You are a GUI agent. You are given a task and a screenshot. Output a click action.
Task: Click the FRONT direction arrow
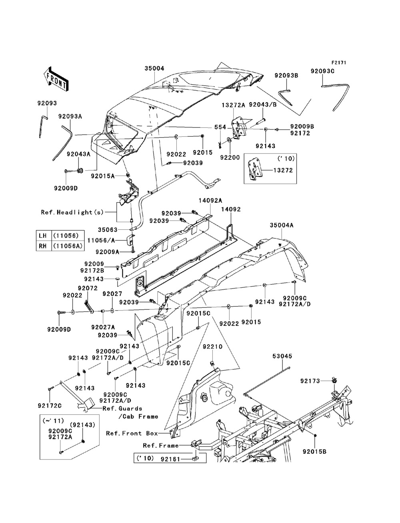point(56,79)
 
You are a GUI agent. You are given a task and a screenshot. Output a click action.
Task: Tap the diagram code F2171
point(339,63)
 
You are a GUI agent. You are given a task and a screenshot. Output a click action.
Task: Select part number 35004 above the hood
point(154,68)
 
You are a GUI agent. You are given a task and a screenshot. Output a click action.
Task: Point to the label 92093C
point(322,71)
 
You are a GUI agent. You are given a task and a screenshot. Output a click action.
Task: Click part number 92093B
point(286,76)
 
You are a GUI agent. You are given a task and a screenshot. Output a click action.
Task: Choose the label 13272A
point(234,105)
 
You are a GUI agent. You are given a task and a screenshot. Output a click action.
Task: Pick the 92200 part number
point(230,158)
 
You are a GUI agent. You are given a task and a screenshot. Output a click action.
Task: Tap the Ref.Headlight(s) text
point(72,212)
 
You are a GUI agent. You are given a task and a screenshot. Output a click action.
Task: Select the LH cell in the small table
point(43,236)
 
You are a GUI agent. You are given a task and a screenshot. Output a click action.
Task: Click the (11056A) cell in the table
point(68,246)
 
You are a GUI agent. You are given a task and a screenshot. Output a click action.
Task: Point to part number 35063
point(108,230)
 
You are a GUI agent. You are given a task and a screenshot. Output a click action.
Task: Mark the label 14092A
point(210,201)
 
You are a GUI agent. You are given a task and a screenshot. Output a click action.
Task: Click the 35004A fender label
point(282,225)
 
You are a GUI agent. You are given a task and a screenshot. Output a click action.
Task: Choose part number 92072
point(88,288)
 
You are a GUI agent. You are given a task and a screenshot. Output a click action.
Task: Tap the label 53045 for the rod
point(282,356)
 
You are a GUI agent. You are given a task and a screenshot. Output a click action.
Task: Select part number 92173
point(310,381)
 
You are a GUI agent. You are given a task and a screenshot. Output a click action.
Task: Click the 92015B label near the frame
point(315,451)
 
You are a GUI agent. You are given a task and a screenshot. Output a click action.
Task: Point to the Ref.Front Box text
point(132,433)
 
